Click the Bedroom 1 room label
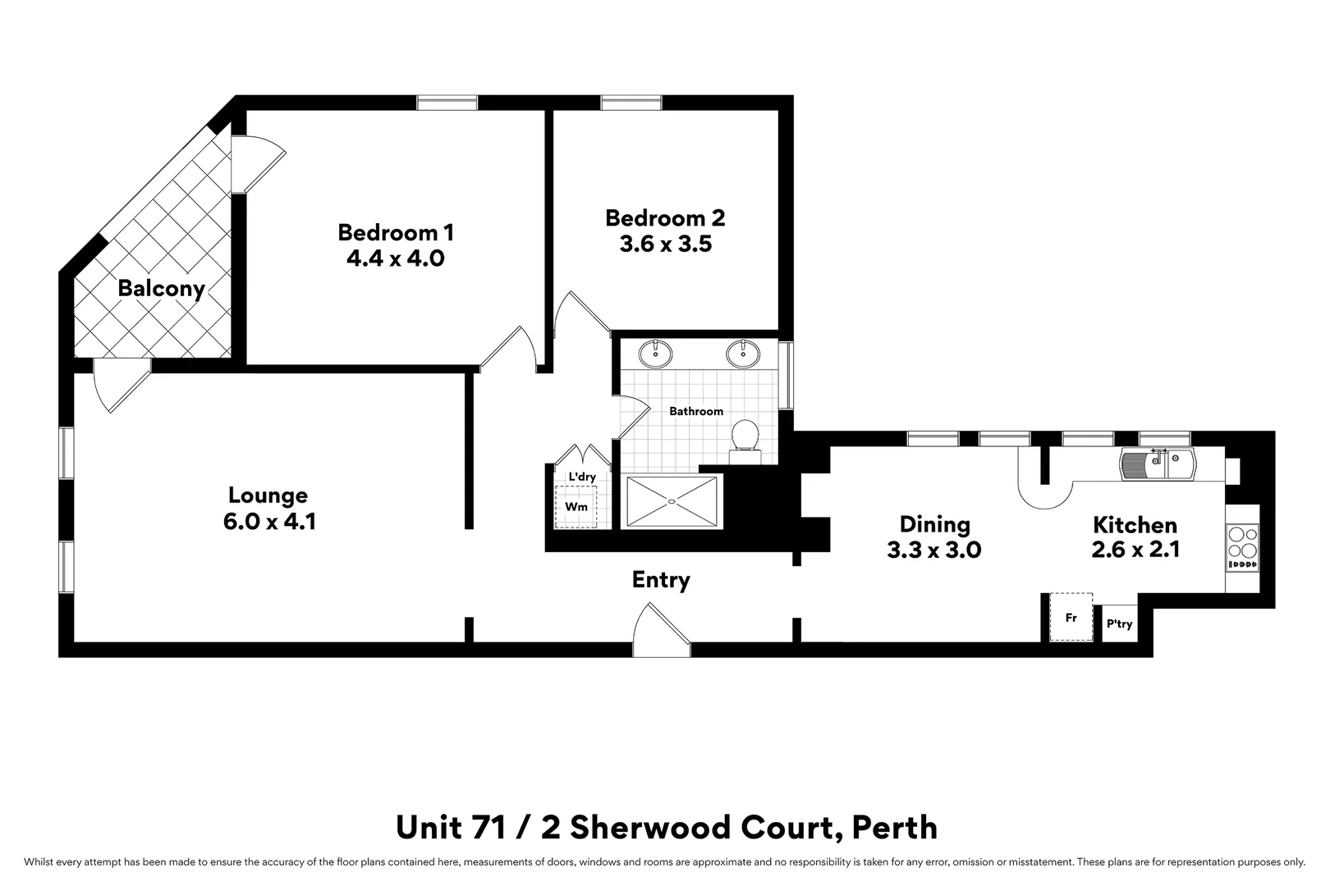point(395,232)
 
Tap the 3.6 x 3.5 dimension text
point(665,244)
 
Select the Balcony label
point(160,289)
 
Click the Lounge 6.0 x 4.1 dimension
point(268,521)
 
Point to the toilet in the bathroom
point(745,436)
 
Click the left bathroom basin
point(656,354)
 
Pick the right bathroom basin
point(743,354)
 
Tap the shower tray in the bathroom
point(672,501)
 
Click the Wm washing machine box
point(576,507)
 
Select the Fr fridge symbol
point(1071,617)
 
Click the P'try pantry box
point(1120,624)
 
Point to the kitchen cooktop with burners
point(1241,547)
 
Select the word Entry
point(661,580)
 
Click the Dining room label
point(934,524)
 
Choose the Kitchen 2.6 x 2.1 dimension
point(1135,550)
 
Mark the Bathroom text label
point(696,411)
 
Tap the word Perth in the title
point(895,827)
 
